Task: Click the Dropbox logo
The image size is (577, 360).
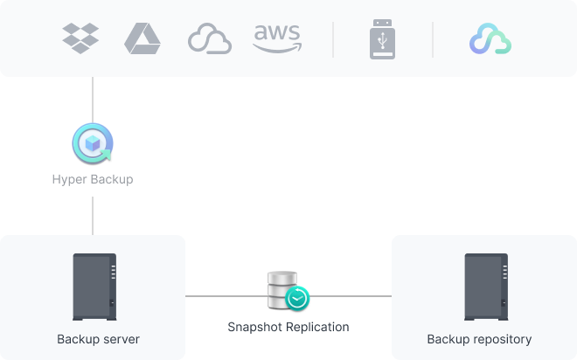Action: pyautogui.click(x=80, y=38)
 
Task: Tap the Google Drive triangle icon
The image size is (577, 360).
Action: pyautogui.click(x=142, y=38)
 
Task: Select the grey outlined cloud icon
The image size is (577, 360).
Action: pyautogui.click(x=210, y=39)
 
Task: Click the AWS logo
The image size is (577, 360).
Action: pyautogui.click(x=277, y=38)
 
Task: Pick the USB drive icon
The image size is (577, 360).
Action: pyautogui.click(x=383, y=39)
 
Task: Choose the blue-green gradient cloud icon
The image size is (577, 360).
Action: pyautogui.click(x=490, y=39)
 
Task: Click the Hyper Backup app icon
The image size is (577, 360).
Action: pyautogui.click(x=93, y=143)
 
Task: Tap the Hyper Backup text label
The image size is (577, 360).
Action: pyautogui.click(x=93, y=179)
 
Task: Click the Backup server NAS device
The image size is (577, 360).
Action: pyautogui.click(x=93, y=286)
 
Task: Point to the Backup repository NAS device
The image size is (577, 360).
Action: pyautogui.click(x=485, y=286)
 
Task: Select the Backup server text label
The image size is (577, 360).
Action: pyautogui.click(x=98, y=339)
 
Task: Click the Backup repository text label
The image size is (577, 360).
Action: pyautogui.click(x=479, y=339)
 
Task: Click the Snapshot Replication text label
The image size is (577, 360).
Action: pyautogui.click(x=288, y=327)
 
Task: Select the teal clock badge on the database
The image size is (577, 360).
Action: pyautogui.click(x=297, y=299)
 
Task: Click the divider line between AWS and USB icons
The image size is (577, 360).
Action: pyautogui.click(x=333, y=39)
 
